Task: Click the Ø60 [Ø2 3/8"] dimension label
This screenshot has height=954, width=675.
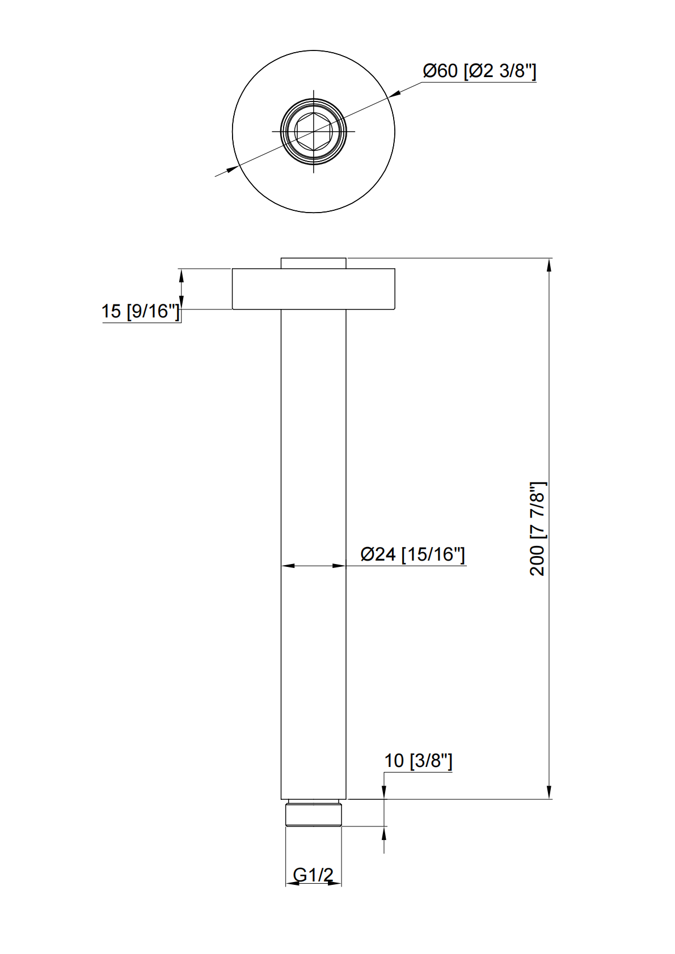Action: point(479,71)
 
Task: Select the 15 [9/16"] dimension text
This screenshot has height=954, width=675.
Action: point(140,311)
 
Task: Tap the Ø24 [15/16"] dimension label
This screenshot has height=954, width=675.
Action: point(412,554)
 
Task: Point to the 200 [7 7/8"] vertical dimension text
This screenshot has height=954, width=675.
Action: point(537,528)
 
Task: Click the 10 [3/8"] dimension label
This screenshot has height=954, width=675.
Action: point(418,761)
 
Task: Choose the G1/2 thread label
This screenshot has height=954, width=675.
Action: point(313,875)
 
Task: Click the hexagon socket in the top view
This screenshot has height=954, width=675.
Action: point(313,132)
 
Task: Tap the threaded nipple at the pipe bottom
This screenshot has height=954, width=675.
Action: point(314,814)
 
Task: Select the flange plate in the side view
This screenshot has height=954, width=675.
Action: point(313,289)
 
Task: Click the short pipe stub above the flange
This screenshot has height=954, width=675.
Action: point(313,263)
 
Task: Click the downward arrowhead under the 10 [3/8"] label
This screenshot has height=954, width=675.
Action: point(384,792)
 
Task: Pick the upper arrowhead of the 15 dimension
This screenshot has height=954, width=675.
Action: point(182,275)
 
